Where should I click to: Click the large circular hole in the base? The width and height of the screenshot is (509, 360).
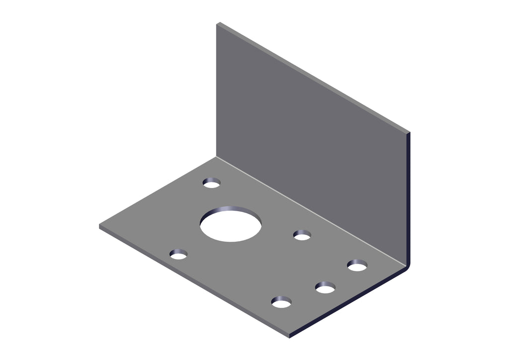[231, 225]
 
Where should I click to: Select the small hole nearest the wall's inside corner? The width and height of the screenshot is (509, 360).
[212, 183]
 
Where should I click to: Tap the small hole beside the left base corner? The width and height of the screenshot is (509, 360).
[178, 255]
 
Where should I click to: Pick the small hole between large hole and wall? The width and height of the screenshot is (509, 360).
[302, 235]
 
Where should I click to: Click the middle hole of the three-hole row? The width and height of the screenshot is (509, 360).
[325, 288]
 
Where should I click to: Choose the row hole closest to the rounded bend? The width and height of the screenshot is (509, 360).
[357, 266]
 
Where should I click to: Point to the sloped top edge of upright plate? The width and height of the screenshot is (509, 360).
[313, 77]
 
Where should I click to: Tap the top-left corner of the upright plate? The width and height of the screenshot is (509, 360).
[217, 23]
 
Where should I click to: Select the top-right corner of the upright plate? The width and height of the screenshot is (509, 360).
[409, 133]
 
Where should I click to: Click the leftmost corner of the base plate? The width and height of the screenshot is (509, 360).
[100, 226]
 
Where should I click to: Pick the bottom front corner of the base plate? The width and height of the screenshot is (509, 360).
[289, 336]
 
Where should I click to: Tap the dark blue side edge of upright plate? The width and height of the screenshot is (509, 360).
[409, 199]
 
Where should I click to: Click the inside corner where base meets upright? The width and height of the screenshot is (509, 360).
[217, 157]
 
